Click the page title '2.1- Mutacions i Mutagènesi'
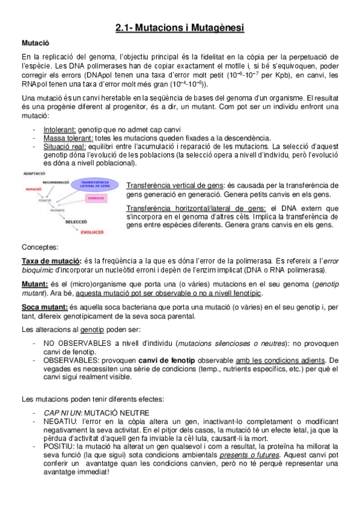[x=180, y=28]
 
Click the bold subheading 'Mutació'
[x=35, y=43]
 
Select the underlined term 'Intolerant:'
[x=59, y=130]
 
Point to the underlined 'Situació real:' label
[x=66, y=146]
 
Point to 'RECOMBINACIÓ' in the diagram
[x=55, y=181]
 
